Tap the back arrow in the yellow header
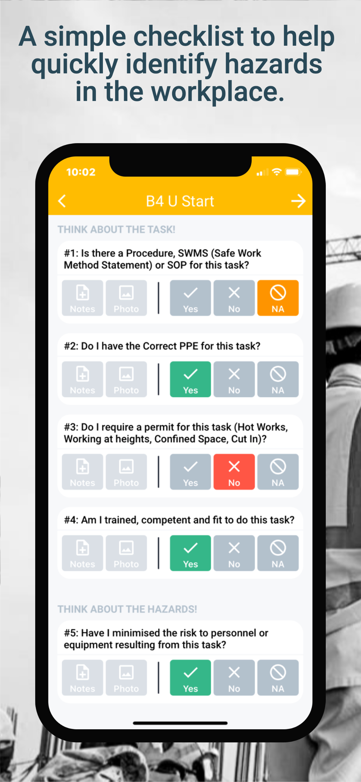[x=62, y=201]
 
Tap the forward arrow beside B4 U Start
[x=298, y=201]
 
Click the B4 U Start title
[x=180, y=201]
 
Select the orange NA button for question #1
[x=278, y=298]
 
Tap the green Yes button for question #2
[x=190, y=379]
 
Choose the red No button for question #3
[x=234, y=472]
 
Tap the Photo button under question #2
[x=126, y=379]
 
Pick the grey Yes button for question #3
[x=190, y=472]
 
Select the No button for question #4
[x=234, y=553]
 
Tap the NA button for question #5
[x=278, y=678]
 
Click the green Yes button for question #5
[x=190, y=678]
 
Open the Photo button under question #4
[x=126, y=553]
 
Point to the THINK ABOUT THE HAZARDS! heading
[x=127, y=609]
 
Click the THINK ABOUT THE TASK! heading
[x=116, y=230]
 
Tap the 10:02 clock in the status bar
[x=81, y=172]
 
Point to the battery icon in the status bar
[x=293, y=172]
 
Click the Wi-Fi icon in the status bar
[x=277, y=172]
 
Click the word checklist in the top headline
[x=189, y=36]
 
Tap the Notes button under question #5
[x=82, y=678]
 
